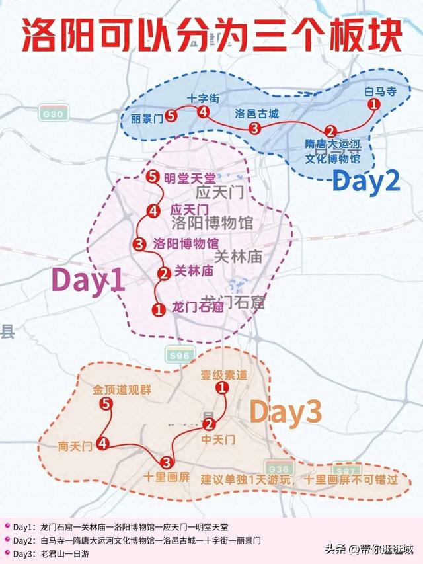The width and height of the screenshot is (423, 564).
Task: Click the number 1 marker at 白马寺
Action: tap(373, 104)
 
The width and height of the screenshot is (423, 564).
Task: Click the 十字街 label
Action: tap(198, 98)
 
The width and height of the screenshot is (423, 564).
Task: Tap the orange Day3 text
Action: tap(286, 413)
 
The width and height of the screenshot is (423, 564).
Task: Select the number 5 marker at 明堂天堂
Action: tap(153, 177)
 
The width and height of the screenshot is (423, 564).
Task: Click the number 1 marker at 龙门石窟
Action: tap(158, 308)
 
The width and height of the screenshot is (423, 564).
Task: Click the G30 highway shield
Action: tap(50, 113)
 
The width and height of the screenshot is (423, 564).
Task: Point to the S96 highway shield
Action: tap(178, 356)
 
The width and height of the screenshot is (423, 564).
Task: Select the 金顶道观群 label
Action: tap(122, 390)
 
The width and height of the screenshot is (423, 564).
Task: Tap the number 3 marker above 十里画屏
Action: tap(166, 461)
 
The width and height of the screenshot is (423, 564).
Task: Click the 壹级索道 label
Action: tap(224, 375)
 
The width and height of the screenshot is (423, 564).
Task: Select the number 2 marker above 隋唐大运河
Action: tap(331, 130)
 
